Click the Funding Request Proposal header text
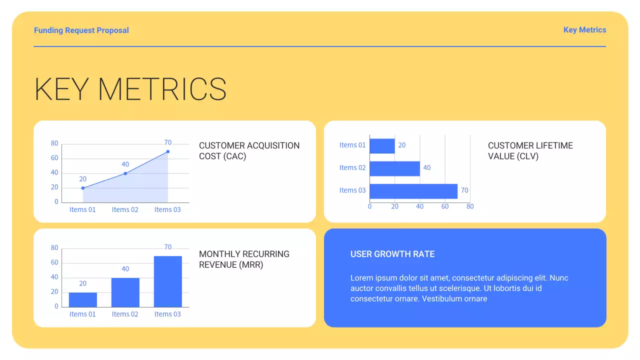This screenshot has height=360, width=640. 81,30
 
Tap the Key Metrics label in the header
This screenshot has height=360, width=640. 584,30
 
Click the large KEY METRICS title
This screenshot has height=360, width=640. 130,89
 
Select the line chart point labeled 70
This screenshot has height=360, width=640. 168,151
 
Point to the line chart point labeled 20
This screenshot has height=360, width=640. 83,188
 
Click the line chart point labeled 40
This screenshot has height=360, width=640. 125,173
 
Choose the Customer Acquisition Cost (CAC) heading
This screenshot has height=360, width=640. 249,151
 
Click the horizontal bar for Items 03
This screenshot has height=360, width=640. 413,191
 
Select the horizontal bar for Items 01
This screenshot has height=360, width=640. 382,146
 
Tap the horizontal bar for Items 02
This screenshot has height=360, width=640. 394,168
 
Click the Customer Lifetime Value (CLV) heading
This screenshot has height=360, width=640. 530,151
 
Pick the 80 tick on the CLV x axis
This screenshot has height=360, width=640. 470,206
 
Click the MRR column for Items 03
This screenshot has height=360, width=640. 168,281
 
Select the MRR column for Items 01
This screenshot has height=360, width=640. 83,299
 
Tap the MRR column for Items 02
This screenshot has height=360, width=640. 125,292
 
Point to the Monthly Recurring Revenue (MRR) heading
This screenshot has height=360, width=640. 244,259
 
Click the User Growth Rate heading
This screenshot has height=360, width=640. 392,254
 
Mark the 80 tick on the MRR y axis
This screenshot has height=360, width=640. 54,248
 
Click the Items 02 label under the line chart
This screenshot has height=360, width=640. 125,209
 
